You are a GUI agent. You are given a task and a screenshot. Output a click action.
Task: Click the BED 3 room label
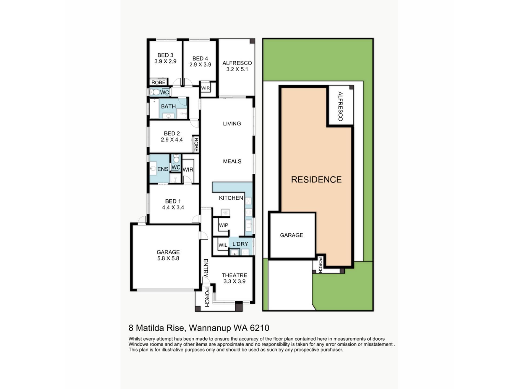(x=165, y=55)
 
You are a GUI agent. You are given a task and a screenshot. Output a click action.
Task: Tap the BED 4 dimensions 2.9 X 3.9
(x=200, y=65)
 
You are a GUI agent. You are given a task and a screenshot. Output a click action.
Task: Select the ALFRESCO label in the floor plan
(x=237, y=63)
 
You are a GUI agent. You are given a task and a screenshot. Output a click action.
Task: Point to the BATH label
(x=168, y=106)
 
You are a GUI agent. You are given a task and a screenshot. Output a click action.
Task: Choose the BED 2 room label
(x=172, y=133)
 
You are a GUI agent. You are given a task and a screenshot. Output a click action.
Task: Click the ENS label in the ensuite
(x=163, y=169)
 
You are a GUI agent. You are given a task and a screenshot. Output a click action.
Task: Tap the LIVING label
(x=232, y=124)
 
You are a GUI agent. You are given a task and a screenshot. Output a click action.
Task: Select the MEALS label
(x=232, y=162)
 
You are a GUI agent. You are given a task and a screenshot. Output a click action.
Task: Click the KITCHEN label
(x=231, y=198)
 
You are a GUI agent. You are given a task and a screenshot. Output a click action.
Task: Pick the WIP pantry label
(x=224, y=225)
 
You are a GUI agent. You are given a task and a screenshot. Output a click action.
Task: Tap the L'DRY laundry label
(x=240, y=244)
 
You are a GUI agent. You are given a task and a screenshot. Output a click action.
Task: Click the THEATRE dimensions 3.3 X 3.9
(x=234, y=281)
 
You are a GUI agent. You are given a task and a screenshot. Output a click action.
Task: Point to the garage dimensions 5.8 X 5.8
(x=168, y=258)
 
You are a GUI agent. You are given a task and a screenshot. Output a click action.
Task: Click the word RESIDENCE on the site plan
(x=316, y=180)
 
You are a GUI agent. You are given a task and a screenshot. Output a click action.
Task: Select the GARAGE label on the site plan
(x=291, y=235)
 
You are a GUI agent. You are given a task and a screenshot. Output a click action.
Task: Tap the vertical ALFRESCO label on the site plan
(x=340, y=106)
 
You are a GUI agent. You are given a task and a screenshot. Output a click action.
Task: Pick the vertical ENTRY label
(x=205, y=268)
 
